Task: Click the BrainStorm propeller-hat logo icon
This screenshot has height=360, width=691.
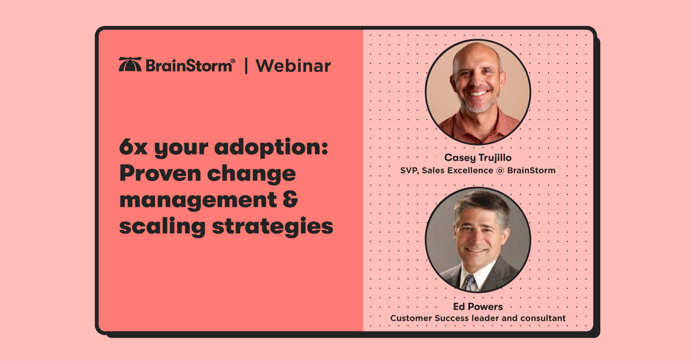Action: coord(130,64)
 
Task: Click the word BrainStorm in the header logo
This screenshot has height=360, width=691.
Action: coord(189,66)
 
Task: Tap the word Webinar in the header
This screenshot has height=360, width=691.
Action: coord(293,66)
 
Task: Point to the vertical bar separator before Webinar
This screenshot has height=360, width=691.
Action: coord(246,66)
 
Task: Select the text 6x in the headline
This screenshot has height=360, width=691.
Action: coord(133,147)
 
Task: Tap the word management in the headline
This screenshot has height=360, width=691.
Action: coord(198,200)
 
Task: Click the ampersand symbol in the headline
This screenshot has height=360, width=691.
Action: coord(290,200)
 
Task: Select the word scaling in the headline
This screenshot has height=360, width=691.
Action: coord(162,227)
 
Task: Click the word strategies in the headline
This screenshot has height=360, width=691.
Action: coord(272,227)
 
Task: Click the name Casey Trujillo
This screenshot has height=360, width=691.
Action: coord(478,158)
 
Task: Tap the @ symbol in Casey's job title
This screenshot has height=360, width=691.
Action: coord(500,171)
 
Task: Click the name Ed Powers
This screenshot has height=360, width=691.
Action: coord(478,307)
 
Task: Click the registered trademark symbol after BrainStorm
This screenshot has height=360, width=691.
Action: coord(233,61)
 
